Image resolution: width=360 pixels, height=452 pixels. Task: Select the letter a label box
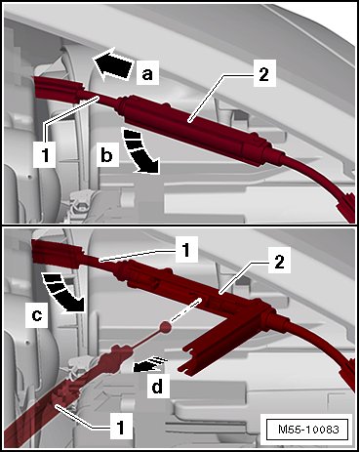(147, 72)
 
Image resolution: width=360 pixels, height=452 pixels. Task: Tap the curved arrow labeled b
(140, 150)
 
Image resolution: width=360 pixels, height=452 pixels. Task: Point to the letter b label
(106, 155)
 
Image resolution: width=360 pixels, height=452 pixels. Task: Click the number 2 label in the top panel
(263, 74)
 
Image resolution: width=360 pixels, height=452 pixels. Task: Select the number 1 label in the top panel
(44, 154)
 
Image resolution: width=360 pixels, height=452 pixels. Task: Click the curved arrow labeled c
(63, 293)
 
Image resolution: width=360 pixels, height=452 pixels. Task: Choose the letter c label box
(37, 315)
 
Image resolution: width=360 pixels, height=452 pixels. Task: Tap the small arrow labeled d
(151, 364)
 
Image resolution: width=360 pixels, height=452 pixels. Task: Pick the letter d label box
(158, 387)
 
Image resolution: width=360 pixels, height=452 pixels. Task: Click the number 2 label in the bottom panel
(279, 262)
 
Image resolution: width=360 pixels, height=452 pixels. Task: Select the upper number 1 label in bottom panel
(186, 250)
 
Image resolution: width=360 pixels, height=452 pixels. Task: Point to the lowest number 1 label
(121, 426)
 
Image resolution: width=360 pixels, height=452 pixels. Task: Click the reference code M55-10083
(308, 430)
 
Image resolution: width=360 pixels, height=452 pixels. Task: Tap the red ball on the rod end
(166, 326)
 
